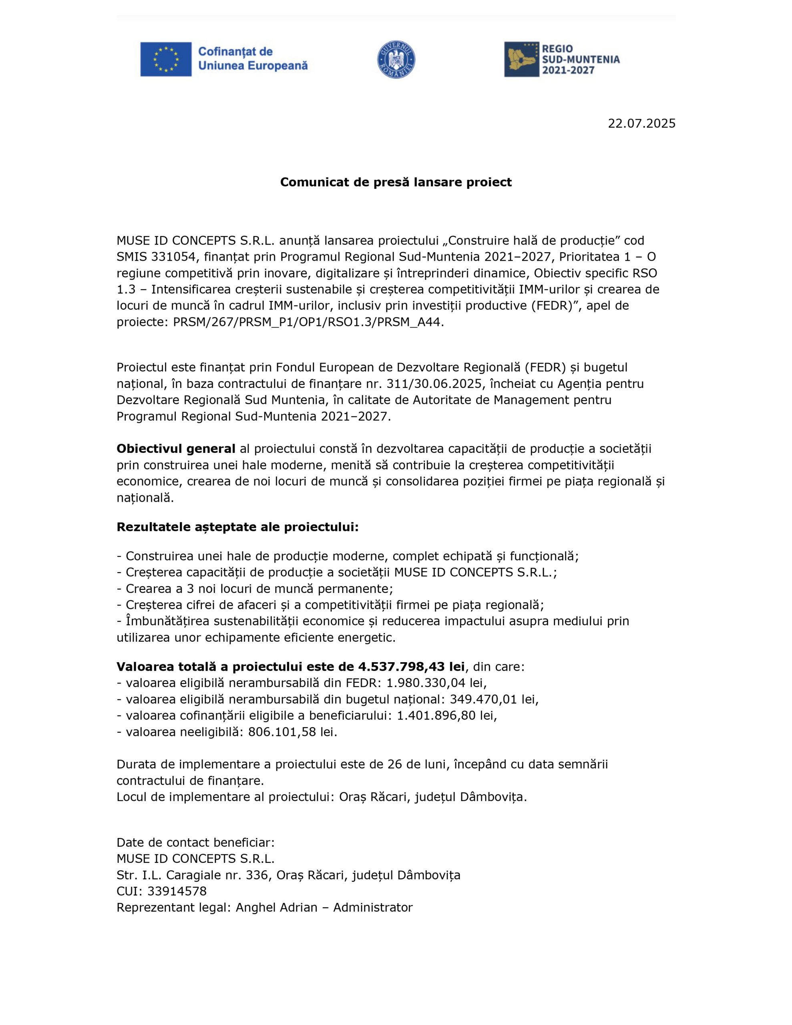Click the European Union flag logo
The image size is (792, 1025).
[x=166, y=59]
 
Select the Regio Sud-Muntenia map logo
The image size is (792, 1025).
[x=521, y=59]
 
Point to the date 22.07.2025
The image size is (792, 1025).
[x=641, y=123]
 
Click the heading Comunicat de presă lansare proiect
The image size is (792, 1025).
[x=396, y=182]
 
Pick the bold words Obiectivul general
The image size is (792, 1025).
[x=176, y=449]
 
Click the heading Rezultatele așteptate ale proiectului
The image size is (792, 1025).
[x=237, y=527]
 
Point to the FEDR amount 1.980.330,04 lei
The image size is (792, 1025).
[x=436, y=682]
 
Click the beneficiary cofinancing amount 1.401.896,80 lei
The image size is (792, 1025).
[x=446, y=715]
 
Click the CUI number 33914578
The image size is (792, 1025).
[x=177, y=891]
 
